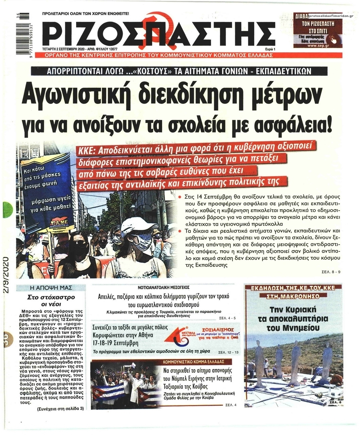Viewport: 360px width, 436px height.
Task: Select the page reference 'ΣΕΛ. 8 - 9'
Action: tap(331, 272)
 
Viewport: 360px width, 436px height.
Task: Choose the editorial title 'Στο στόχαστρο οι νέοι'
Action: tap(51, 300)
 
